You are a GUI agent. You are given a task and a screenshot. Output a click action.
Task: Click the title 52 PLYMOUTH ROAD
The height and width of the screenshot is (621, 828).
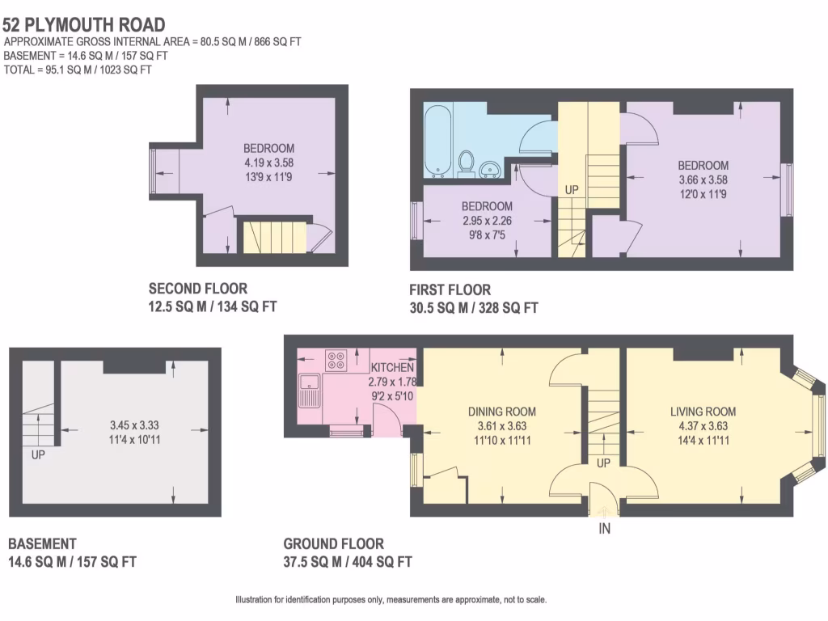pyautogui.click(x=84, y=25)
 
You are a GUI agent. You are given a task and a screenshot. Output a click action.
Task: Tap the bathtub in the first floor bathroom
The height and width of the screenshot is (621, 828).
pyautogui.click(x=441, y=142)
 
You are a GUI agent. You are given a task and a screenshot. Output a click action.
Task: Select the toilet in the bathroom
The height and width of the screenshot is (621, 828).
pyautogui.click(x=466, y=162)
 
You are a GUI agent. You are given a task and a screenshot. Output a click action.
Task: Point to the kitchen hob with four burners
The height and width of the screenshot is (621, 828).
pyautogui.click(x=336, y=360)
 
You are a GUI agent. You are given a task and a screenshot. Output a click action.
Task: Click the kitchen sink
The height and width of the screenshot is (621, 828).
pyautogui.click(x=309, y=390)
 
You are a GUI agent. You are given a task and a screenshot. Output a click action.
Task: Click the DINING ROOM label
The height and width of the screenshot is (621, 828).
pyautogui.click(x=502, y=412)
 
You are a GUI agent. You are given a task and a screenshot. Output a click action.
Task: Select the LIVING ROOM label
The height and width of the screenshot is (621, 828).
pyautogui.click(x=702, y=412)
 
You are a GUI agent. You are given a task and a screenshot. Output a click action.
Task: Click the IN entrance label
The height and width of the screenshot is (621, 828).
pyautogui.click(x=604, y=528)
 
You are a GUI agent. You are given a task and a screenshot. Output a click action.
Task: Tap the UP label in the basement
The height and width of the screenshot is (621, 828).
pyautogui.click(x=38, y=454)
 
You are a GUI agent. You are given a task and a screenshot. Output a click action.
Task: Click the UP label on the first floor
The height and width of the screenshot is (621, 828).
pyautogui.click(x=572, y=189)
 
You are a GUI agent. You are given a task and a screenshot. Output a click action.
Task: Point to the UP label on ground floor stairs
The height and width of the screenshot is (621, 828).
pyautogui.click(x=603, y=464)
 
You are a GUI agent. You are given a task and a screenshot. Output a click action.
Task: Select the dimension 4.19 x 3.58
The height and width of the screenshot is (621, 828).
pyautogui.click(x=268, y=162)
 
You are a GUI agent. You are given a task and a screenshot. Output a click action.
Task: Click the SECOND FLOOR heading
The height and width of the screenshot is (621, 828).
pyautogui.click(x=198, y=289)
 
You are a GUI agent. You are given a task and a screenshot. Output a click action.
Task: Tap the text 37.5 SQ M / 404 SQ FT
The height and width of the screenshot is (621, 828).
pyautogui.click(x=348, y=561)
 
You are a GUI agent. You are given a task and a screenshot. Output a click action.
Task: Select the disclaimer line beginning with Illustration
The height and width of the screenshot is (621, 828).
pyautogui.click(x=391, y=600)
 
